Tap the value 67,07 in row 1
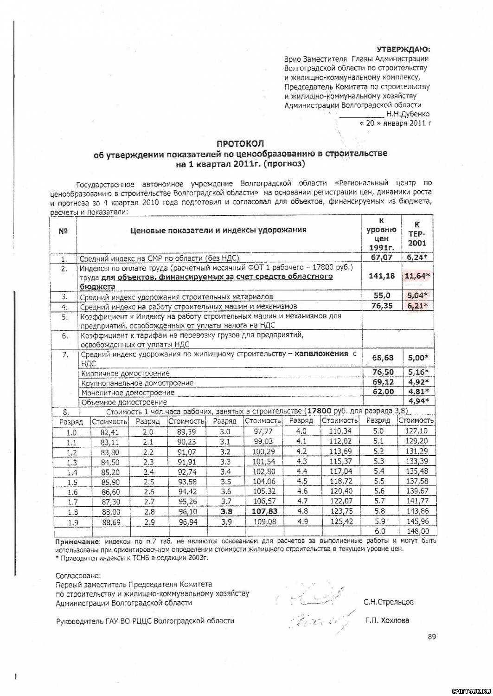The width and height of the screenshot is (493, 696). pyautogui.click(x=383, y=258)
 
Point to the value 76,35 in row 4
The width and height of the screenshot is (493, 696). pyautogui.click(x=382, y=306)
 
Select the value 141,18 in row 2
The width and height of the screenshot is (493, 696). pyautogui.click(x=382, y=276)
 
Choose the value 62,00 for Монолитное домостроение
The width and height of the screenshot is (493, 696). pyautogui.click(x=383, y=392)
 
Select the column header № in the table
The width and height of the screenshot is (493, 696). pyautogui.click(x=64, y=231)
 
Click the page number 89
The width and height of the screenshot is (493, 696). pyautogui.click(x=432, y=637)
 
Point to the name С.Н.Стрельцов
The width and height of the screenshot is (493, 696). pyautogui.click(x=389, y=602)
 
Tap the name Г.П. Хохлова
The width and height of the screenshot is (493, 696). pyautogui.click(x=387, y=620)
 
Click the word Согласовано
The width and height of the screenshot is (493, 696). pyautogui.click(x=77, y=576)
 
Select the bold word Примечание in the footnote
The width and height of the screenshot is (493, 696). pyautogui.click(x=77, y=541)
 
